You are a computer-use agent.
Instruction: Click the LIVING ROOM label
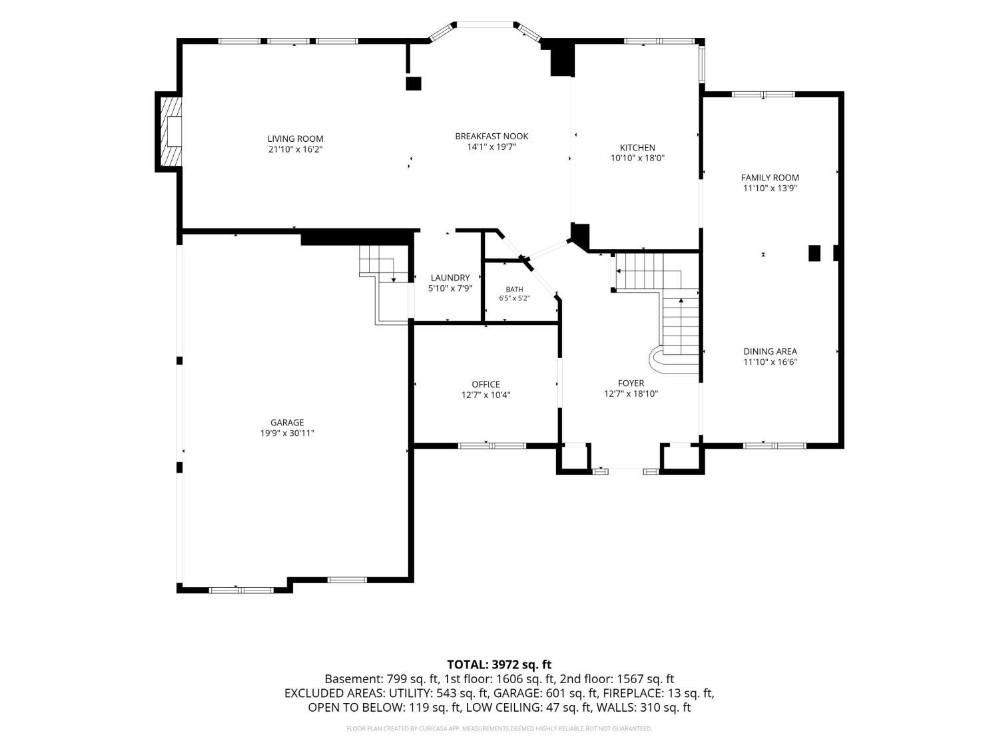[x=296, y=138]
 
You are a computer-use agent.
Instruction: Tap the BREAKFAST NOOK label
[x=492, y=136]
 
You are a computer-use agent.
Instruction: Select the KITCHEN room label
[x=637, y=148]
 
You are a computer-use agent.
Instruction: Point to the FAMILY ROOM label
[x=770, y=178]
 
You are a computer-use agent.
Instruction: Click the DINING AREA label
[x=770, y=352]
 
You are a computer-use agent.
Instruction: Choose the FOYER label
[x=631, y=383]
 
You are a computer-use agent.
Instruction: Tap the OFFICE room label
[x=486, y=384]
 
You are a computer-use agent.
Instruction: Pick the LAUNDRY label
[x=450, y=278]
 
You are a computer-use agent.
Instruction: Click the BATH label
[x=514, y=289]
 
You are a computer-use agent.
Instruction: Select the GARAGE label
[x=287, y=423]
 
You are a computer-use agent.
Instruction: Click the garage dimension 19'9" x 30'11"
[x=287, y=433]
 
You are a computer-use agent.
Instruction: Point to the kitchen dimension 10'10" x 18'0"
[x=637, y=158]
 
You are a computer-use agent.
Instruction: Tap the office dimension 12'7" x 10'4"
[x=486, y=395]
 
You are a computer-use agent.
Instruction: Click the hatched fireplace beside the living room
[x=169, y=132]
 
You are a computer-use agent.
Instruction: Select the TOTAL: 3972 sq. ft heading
[x=499, y=665]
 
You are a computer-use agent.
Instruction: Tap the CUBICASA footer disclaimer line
[x=499, y=728]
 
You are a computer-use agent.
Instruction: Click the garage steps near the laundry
[x=384, y=285]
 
